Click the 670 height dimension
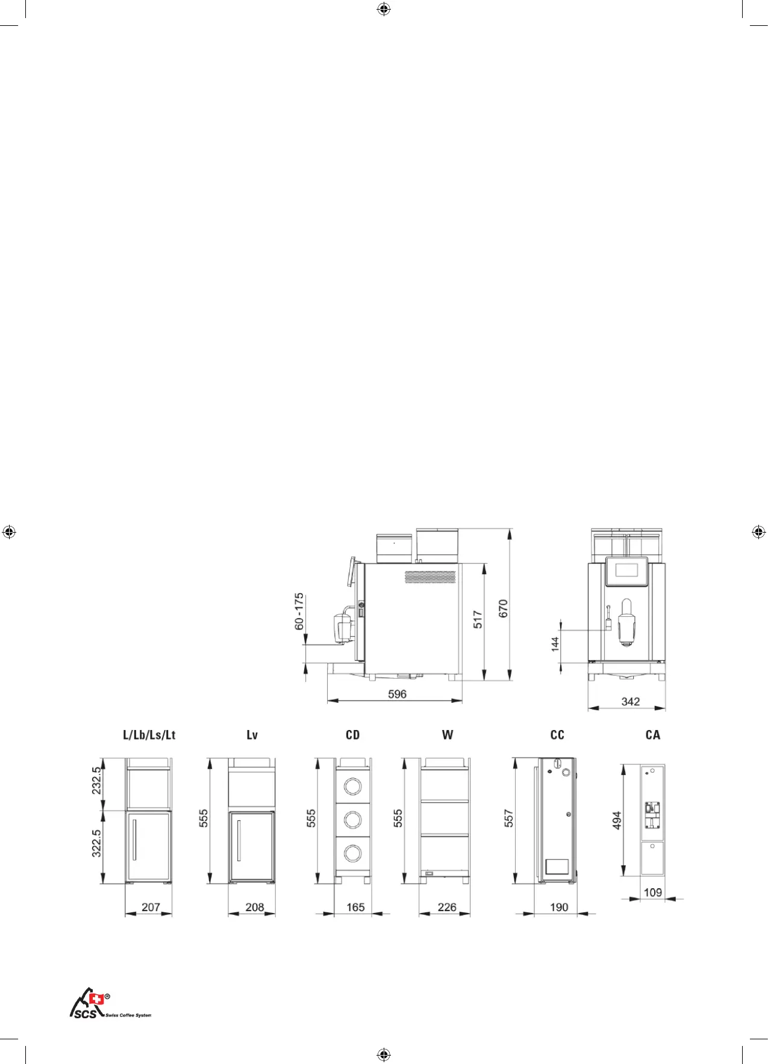(503, 608)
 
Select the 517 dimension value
(478, 619)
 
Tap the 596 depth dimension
(397, 694)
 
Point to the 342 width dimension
(630, 701)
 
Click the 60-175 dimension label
(299, 611)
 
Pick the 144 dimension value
(555, 644)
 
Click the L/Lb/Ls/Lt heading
(149, 735)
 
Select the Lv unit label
(252, 735)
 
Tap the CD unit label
(352, 735)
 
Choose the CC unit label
(557, 735)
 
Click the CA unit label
(653, 735)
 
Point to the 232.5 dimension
(96, 781)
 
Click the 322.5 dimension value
(96, 843)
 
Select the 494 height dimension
(617, 821)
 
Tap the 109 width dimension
(653, 892)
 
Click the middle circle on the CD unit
(352, 819)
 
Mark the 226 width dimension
(447, 907)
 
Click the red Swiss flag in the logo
(96, 1000)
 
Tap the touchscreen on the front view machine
(626, 571)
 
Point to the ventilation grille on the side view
(430, 577)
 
